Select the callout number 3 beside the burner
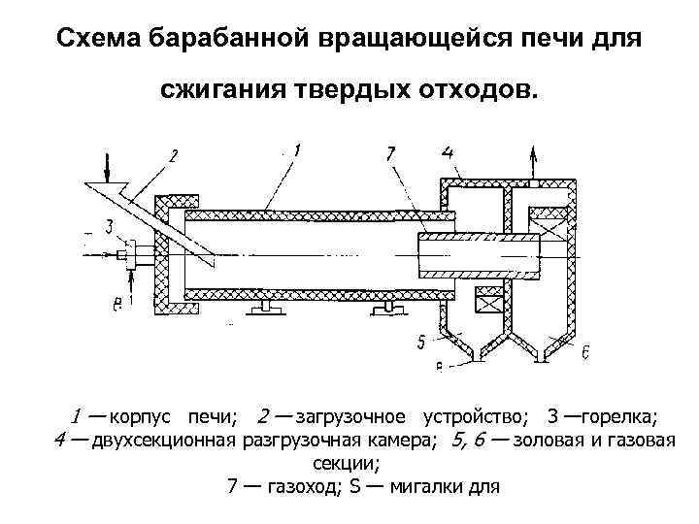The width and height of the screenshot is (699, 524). coord(110,227)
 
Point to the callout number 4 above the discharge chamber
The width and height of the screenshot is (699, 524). coord(447,151)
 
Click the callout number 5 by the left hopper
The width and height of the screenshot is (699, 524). coord(420,342)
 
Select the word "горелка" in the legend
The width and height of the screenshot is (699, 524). coord(620,417)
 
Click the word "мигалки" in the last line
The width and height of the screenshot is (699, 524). coord(426,485)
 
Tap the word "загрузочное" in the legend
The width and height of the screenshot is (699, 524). coord(351,417)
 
